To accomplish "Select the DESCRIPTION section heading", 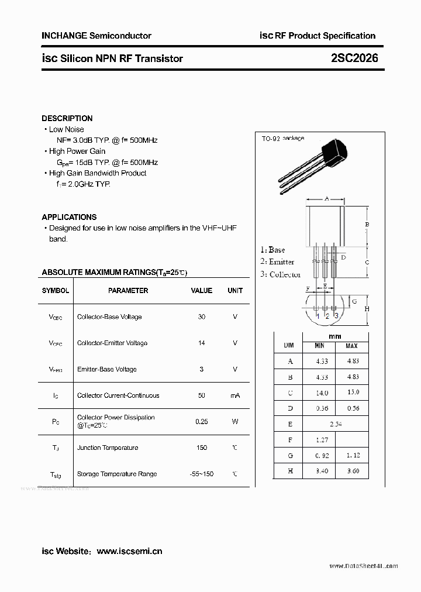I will [x=67, y=118].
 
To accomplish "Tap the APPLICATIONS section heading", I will [x=69, y=217].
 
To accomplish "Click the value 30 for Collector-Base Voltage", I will [x=202, y=317].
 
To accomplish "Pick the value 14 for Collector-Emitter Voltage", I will [x=202, y=343].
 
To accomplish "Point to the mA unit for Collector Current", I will [x=235, y=396].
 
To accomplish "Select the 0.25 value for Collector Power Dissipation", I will [x=202, y=421].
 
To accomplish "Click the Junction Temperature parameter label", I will [x=108, y=448].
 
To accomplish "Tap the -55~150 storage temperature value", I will [x=202, y=474].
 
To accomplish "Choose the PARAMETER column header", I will [x=128, y=291].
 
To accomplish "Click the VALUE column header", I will [x=202, y=291].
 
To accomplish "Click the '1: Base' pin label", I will [x=273, y=250].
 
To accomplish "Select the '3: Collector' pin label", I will [x=281, y=274].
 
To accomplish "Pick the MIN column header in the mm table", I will [x=320, y=346].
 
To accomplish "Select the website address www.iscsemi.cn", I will [x=129, y=551].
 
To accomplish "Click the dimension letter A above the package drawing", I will [x=327, y=199].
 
